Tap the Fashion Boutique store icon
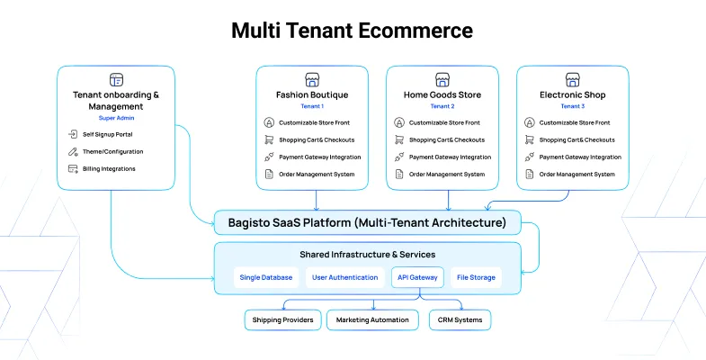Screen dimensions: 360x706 pos(312,79)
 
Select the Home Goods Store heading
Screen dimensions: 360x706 pos(442,94)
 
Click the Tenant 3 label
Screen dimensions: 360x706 pos(572,106)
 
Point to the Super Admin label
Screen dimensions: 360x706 pos(115,118)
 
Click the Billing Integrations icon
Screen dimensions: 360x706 pos(74,168)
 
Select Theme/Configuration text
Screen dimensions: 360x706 pos(112,151)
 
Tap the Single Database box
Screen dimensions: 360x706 pos(265,277)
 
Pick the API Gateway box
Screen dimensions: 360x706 pos(417,277)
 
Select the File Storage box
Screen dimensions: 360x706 pos(475,277)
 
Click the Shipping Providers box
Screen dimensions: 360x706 pos(282,319)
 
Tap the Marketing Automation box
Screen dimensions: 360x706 pos(371,319)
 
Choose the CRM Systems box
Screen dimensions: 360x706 pos(460,319)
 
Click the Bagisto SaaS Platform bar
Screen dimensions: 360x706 pos(367,221)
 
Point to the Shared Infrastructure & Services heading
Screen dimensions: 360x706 pos(367,255)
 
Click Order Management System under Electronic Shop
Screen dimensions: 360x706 pos(575,174)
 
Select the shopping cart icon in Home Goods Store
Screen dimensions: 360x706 pos(398,139)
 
